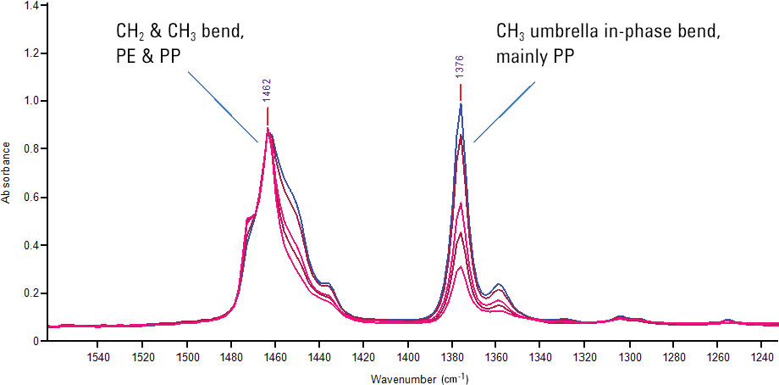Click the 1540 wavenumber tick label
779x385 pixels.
[98, 358]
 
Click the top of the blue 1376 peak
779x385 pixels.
[461, 103]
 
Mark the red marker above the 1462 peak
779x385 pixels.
[268, 116]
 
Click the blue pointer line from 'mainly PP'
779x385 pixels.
[505, 111]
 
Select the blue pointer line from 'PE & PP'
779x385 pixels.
[223, 106]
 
